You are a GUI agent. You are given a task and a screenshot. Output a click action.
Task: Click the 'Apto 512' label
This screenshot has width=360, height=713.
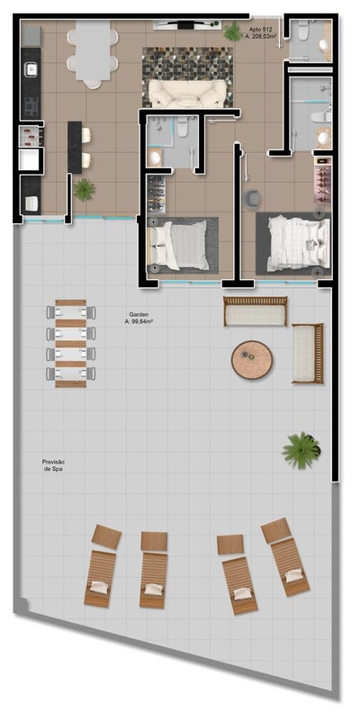pyautogui.click(x=262, y=30)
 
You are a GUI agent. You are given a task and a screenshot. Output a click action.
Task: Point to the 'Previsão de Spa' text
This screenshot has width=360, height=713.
pyautogui.click(x=53, y=465)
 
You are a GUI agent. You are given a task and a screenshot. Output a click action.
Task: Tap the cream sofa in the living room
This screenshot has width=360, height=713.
pyautogui.click(x=187, y=92)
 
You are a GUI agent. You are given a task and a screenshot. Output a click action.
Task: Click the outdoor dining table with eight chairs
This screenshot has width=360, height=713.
pyautogui.click(x=71, y=343)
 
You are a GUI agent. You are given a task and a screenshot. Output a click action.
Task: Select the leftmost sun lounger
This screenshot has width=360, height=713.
pyautogui.click(x=102, y=567)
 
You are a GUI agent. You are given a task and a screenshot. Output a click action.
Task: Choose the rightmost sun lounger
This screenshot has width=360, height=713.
pyautogui.click(x=285, y=555)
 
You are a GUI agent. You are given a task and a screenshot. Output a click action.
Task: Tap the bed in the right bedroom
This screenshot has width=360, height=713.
pyautogui.click(x=292, y=241)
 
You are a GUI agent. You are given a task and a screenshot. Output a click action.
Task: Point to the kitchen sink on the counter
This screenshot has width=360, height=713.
pyautogui.click(x=30, y=68)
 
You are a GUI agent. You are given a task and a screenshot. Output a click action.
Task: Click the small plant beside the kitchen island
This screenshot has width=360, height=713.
pyautogui.click(x=85, y=189)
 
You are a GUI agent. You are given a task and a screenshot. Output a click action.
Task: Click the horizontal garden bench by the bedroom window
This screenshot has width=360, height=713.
pyautogui.click(x=256, y=311)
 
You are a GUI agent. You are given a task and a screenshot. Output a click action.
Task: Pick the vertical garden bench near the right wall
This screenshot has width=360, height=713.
pyautogui.click(x=307, y=353)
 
